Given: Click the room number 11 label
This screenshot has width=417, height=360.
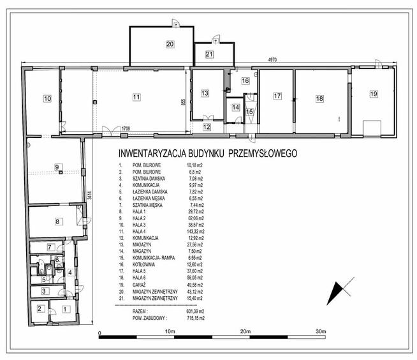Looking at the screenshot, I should (x=136, y=96).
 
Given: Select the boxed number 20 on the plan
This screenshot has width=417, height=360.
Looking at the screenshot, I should (x=170, y=44).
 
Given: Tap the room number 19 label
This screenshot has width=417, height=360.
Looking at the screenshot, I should (x=373, y=94).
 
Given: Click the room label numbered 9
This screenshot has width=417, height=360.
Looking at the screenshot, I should (x=57, y=167).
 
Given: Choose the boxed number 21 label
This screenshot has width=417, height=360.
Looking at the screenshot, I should (x=209, y=54).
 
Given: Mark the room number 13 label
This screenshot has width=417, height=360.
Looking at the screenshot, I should (x=205, y=94).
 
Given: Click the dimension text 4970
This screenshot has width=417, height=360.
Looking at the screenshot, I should (x=273, y=60).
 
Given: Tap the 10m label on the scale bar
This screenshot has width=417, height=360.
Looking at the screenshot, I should (x=170, y=332).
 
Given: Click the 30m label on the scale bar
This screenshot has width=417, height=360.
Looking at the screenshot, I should (x=320, y=332).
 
